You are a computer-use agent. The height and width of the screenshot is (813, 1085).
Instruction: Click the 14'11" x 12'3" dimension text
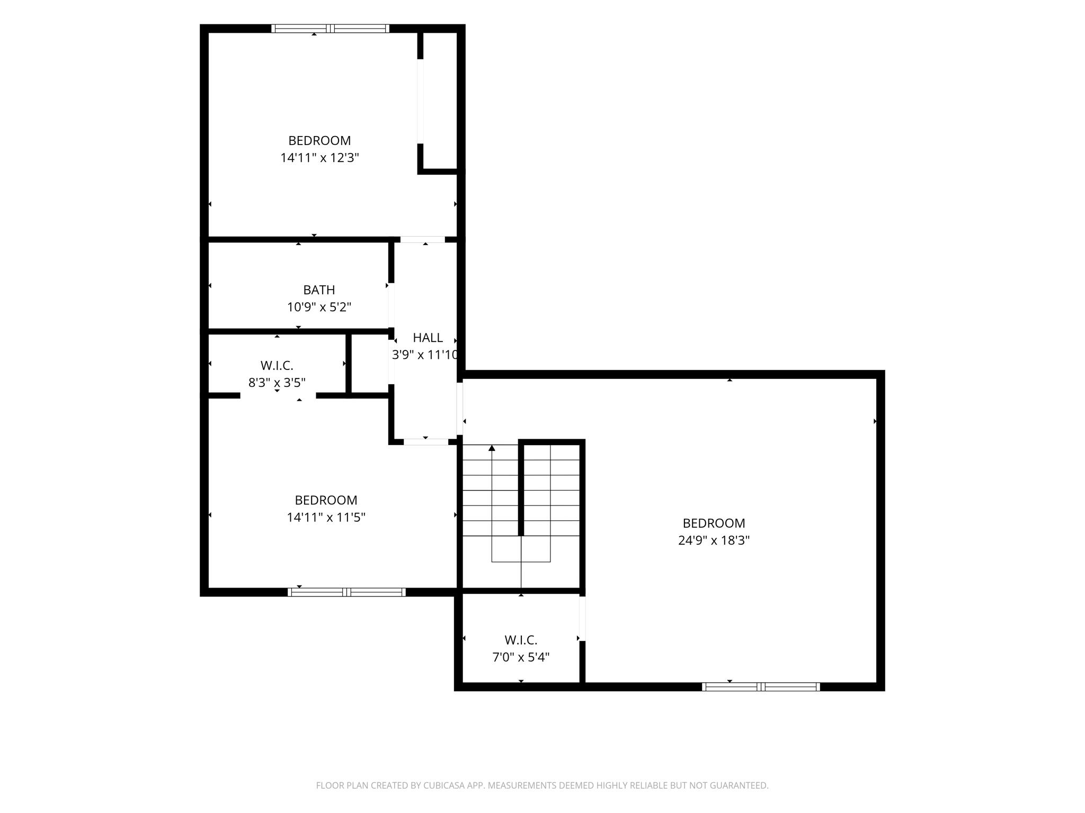point(319,158)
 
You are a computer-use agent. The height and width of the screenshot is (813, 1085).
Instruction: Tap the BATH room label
point(319,290)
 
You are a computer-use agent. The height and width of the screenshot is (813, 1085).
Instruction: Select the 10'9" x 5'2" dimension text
point(319,307)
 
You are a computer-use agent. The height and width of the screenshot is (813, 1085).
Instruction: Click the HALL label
point(428,338)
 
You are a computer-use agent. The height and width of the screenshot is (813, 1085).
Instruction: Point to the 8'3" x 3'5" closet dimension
point(277,382)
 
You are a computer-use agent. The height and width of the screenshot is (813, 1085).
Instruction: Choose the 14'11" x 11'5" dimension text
point(326,517)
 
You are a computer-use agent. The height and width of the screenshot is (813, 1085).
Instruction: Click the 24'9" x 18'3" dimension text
point(714,540)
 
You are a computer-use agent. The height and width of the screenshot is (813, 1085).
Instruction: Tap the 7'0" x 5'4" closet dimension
point(521,657)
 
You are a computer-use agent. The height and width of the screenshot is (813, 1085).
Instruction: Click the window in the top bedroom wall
point(331,29)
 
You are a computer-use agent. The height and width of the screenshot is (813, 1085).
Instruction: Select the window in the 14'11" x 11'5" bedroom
point(346,592)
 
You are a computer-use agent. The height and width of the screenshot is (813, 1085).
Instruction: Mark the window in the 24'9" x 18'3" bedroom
point(761,687)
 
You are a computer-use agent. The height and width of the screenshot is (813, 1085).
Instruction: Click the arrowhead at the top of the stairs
point(492,448)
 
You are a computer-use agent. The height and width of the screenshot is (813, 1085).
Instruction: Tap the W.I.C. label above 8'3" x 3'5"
point(277,366)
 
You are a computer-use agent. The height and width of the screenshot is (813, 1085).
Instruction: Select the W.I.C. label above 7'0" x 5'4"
point(521,640)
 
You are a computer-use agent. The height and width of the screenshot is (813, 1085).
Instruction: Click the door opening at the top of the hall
point(422,239)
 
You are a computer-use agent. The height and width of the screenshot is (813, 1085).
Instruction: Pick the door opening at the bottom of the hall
point(426,442)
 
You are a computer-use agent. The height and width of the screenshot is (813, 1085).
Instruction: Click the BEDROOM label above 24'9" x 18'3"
point(714,523)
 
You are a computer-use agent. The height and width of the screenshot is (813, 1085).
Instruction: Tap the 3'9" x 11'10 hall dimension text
point(425,355)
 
